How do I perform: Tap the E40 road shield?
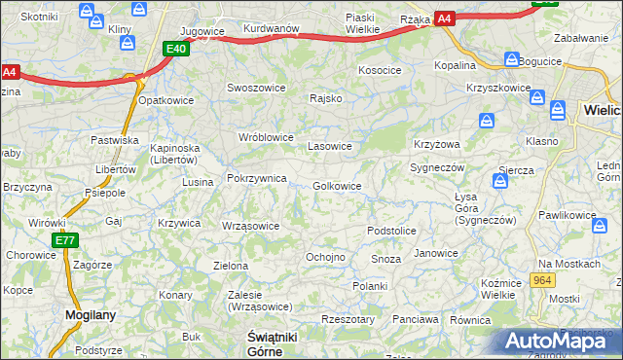coord(175,49)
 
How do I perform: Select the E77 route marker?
coord(65,240)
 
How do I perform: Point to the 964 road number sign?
coord(543,280)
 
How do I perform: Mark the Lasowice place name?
coord(329,147)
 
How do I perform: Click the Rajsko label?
coord(325,98)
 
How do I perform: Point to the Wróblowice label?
coord(266,137)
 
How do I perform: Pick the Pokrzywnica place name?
coord(256,179)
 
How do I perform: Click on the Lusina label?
coord(198,182)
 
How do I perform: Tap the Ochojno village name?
coord(325,257)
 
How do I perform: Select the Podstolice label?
coord(391,231)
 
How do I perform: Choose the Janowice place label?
coord(435,253)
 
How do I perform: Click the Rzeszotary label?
coord(348,318)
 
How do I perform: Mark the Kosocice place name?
coord(380,70)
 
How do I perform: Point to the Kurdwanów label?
coord(271,29)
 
